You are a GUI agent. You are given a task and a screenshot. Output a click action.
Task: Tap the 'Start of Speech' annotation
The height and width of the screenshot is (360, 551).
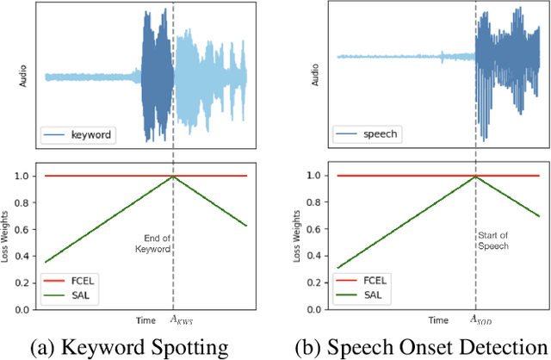coord(493,239)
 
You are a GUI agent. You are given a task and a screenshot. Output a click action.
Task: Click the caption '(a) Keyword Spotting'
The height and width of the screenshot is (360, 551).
coord(130,346)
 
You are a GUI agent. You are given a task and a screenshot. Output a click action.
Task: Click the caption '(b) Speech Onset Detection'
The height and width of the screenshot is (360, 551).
coord(416,346)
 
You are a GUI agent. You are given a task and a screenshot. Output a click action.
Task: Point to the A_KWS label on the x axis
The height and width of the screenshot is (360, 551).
coord(174,320)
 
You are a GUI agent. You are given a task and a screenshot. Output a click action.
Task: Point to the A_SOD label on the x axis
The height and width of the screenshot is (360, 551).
coord(475,320)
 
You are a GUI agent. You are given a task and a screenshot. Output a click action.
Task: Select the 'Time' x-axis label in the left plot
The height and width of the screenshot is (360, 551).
coord(145,320)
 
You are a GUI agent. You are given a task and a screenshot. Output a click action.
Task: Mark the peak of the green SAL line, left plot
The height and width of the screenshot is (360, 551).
coord(173,177)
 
